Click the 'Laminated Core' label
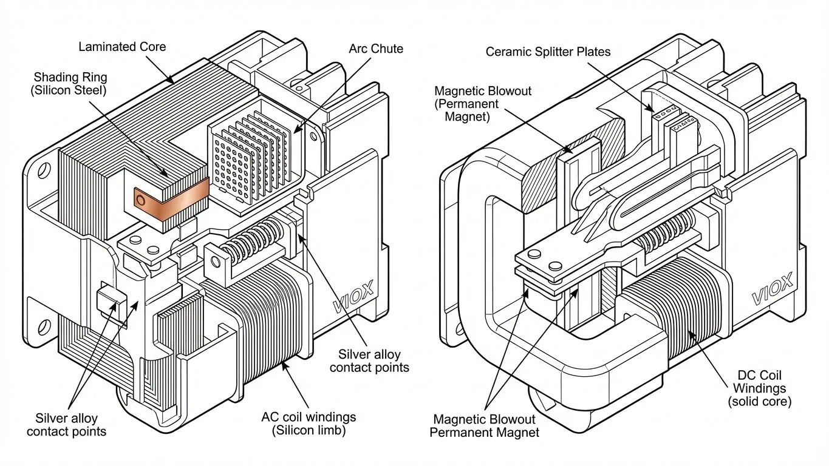(x=123, y=47)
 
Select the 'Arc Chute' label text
(x=375, y=49)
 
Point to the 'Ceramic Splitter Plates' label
(x=548, y=52)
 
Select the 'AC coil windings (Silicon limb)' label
(x=309, y=424)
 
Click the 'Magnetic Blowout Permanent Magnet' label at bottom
(x=486, y=425)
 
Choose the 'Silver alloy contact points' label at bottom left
(x=66, y=425)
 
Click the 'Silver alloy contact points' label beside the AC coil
(x=374, y=361)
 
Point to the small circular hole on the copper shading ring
(x=142, y=198)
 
